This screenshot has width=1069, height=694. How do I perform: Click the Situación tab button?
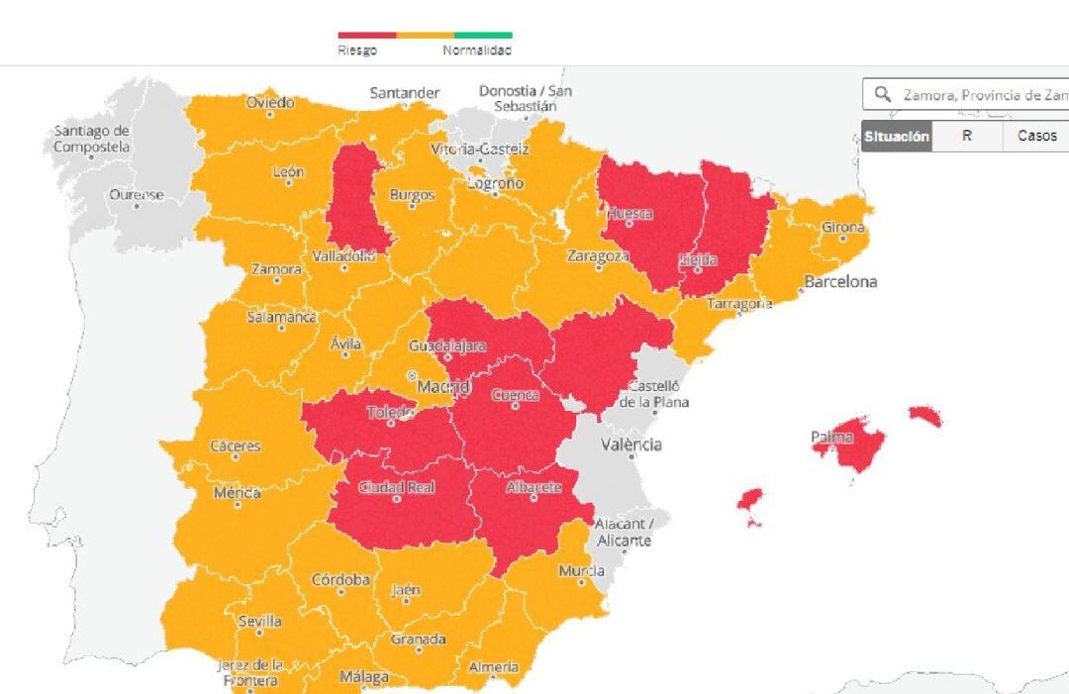click(x=897, y=137)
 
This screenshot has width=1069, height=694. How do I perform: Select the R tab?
click(x=967, y=137)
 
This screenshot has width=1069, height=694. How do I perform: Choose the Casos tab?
click(x=1036, y=137)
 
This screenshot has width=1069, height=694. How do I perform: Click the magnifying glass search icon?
click(x=882, y=95)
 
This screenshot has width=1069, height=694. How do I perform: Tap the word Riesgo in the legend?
click(x=357, y=50)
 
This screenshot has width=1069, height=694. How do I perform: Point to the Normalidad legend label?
click(x=477, y=50)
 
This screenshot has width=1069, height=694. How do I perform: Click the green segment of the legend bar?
click(x=483, y=35)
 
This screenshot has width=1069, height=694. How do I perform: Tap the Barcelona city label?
click(x=840, y=282)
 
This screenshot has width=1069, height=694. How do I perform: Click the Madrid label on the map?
click(x=442, y=386)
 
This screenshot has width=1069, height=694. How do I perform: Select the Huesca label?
click(x=630, y=213)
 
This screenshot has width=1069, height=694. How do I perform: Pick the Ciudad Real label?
click(x=396, y=487)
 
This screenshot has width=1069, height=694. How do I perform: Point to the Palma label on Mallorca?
click(x=832, y=437)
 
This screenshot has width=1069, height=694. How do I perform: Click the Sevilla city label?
click(x=259, y=622)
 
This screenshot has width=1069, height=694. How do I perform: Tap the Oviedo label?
click(x=270, y=102)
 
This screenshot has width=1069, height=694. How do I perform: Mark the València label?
click(x=632, y=445)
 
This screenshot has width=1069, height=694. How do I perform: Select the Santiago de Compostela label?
click(x=92, y=139)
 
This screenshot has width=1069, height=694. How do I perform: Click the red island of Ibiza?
click(x=750, y=501)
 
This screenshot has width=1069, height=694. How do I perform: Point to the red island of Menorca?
click(x=924, y=414)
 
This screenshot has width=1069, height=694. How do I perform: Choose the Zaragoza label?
click(x=598, y=255)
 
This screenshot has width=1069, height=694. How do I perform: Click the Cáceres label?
click(x=236, y=446)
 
